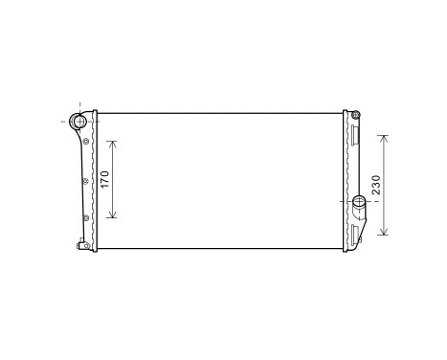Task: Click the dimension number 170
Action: (x=105, y=178)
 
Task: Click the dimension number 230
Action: (x=377, y=184)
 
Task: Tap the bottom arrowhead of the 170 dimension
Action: (x=115, y=215)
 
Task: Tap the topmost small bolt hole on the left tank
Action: (x=86, y=142)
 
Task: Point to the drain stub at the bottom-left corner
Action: (x=86, y=247)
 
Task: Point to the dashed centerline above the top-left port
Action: (x=79, y=104)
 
